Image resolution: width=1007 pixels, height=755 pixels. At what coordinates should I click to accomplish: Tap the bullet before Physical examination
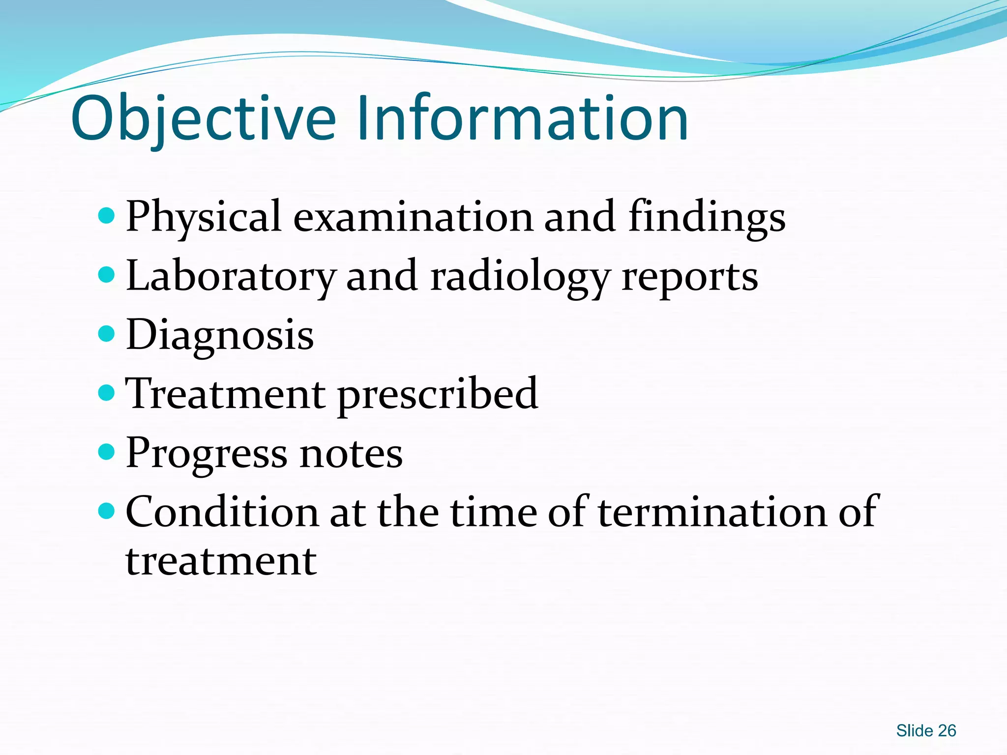click(106, 215)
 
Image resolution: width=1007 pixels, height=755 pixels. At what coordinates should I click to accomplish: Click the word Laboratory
click(230, 277)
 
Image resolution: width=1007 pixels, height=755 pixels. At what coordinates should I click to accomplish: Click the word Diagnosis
click(220, 336)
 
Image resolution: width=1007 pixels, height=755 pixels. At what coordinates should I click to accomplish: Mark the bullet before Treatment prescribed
click(106, 393)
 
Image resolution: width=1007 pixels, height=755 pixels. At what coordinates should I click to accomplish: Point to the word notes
click(351, 453)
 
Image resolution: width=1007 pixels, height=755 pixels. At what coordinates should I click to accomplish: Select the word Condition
click(222, 512)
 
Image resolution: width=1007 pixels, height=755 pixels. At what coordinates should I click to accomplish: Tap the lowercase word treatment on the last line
click(221, 561)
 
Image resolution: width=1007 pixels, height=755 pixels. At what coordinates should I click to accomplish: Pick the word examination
click(413, 217)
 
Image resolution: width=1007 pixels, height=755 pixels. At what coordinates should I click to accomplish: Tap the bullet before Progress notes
click(106, 452)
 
